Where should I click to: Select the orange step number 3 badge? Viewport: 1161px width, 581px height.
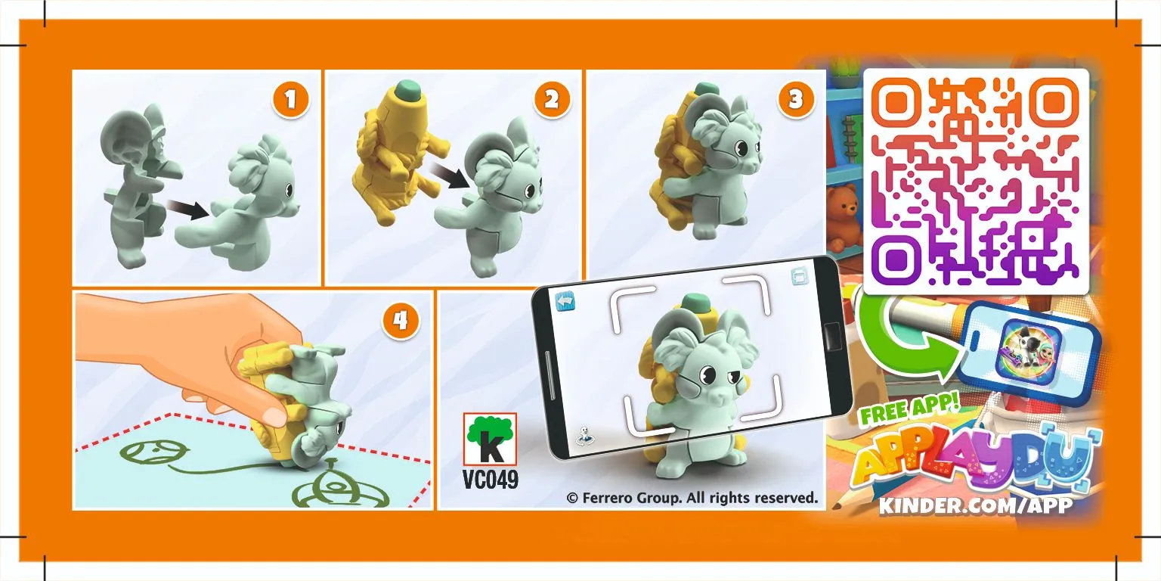pos(795,100)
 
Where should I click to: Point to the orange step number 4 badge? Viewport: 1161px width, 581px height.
pos(400,322)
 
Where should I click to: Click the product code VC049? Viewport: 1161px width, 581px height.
pos(490,480)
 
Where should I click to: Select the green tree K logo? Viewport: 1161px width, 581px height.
pos(490,438)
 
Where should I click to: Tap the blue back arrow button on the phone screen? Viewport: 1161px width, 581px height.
pos(566,300)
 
